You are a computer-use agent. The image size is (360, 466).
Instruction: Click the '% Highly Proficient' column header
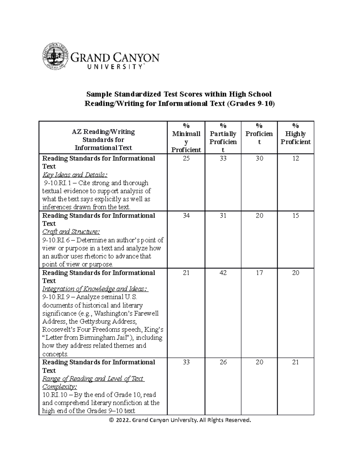[x=295, y=134]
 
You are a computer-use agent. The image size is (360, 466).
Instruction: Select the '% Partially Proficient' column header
[x=223, y=138]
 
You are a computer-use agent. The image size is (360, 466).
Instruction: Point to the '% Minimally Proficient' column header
[x=186, y=138]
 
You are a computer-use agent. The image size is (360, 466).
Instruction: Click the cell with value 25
[x=186, y=158]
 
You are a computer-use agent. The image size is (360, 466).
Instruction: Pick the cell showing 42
[x=223, y=273]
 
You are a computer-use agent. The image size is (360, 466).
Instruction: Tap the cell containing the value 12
[x=295, y=158]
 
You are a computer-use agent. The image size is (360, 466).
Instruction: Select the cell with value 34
[x=186, y=215]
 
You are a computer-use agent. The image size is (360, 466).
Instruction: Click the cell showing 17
[x=259, y=273]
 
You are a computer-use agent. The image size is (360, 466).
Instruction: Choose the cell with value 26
[x=223, y=362]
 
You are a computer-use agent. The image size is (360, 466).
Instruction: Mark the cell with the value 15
[x=295, y=215]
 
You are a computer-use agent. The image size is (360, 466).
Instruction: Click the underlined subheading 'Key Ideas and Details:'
[x=75, y=175]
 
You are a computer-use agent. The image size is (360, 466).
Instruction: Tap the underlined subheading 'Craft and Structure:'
[x=71, y=232]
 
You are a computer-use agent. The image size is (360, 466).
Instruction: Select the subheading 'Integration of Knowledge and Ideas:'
[x=95, y=289]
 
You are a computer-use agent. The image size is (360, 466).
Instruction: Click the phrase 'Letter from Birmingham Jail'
[x=87, y=338]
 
